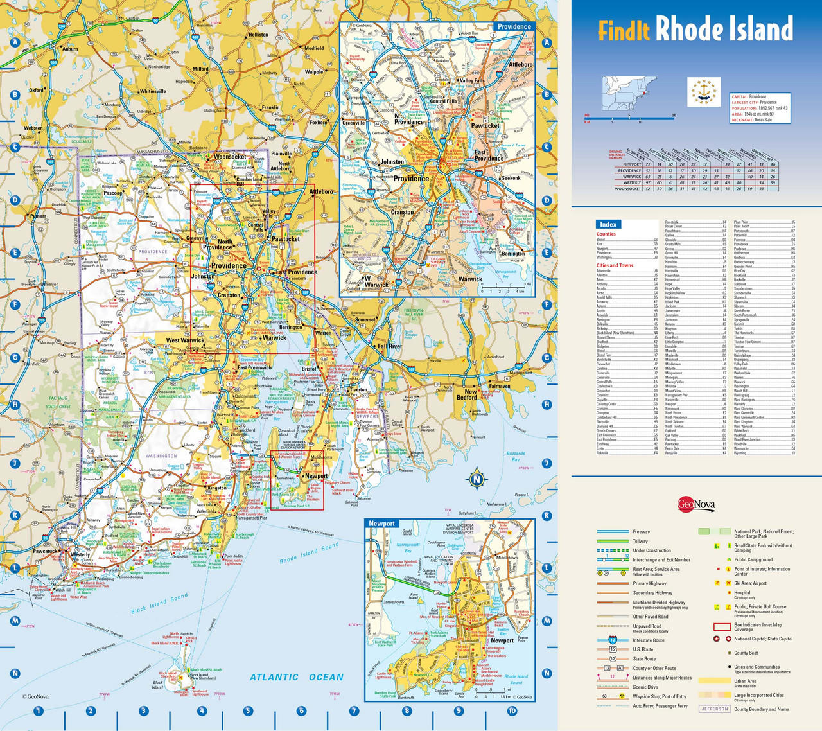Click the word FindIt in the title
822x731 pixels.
point(624,30)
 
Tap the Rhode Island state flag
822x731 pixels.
point(704,92)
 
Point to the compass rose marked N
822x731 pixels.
point(476,479)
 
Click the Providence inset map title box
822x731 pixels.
point(514,26)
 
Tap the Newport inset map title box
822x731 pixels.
point(382,524)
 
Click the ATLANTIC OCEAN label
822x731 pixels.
point(297,677)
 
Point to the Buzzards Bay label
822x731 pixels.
point(515,456)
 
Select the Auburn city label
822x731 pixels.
point(70,49)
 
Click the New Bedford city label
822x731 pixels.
point(471,394)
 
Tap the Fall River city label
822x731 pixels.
point(389,346)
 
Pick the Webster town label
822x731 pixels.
point(32,128)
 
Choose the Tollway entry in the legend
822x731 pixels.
point(640,541)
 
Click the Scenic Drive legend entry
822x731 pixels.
point(645,687)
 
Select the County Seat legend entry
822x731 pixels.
point(746,653)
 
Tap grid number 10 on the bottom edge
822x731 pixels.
point(512,710)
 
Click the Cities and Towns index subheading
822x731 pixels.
point(615,265)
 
